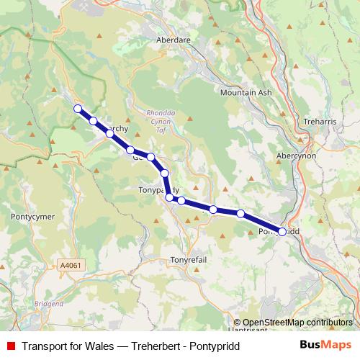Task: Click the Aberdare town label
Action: pyautogui.click(x=173, y=41)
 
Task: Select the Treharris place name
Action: pyautogui.click(x=320, y=122)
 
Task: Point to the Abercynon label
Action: pyautogui.click(x=296, y=156)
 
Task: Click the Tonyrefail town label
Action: pyautogui.click(x=188, y=259)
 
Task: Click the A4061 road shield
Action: pyautogui.click(x=71, y=265)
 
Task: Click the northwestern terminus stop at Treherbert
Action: pyautogui.click(x=78, y=109)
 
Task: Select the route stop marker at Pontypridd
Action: pyautogui.click(x=282, y=232)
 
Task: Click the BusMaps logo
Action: pyautogui.click(x=325, y=344)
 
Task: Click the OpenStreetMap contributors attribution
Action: pyautogui.click(x=297, y=323)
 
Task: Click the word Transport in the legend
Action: pyautogui.click(x=45, y=344)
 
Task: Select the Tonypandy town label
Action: pyautogui.click(x=158, y=190)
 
